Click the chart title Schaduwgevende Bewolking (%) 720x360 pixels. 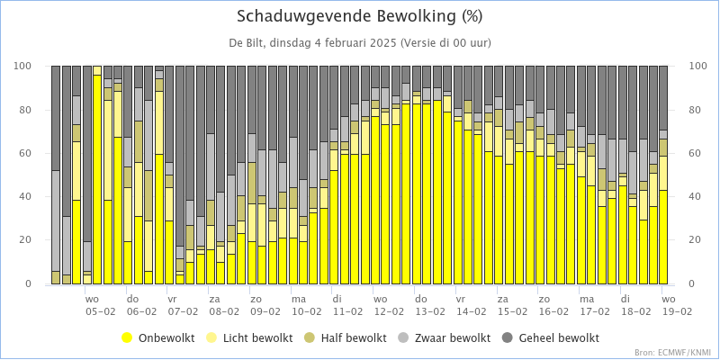(359, 16)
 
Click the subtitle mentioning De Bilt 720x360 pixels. (359, 43)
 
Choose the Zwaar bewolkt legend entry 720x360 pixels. (445, 338)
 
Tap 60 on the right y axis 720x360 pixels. (696, 153)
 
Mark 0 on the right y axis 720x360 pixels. (693, 283)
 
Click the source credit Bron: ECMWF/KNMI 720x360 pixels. (672, 353)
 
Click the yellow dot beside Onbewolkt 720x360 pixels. (127, 338)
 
